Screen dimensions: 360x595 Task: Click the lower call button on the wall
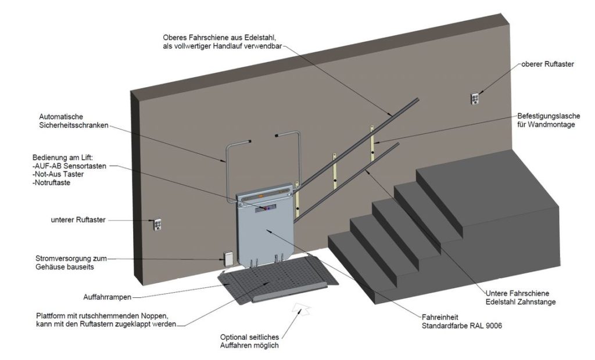(x=157, y=225)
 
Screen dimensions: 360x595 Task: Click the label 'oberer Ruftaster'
(x=547, y=64)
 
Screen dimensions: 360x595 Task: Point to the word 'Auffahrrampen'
(x=108, y=297)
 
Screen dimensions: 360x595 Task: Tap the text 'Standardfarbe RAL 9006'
(x=462, y=326)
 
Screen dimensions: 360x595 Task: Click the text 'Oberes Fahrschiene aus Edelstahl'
(x=226, y=38)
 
